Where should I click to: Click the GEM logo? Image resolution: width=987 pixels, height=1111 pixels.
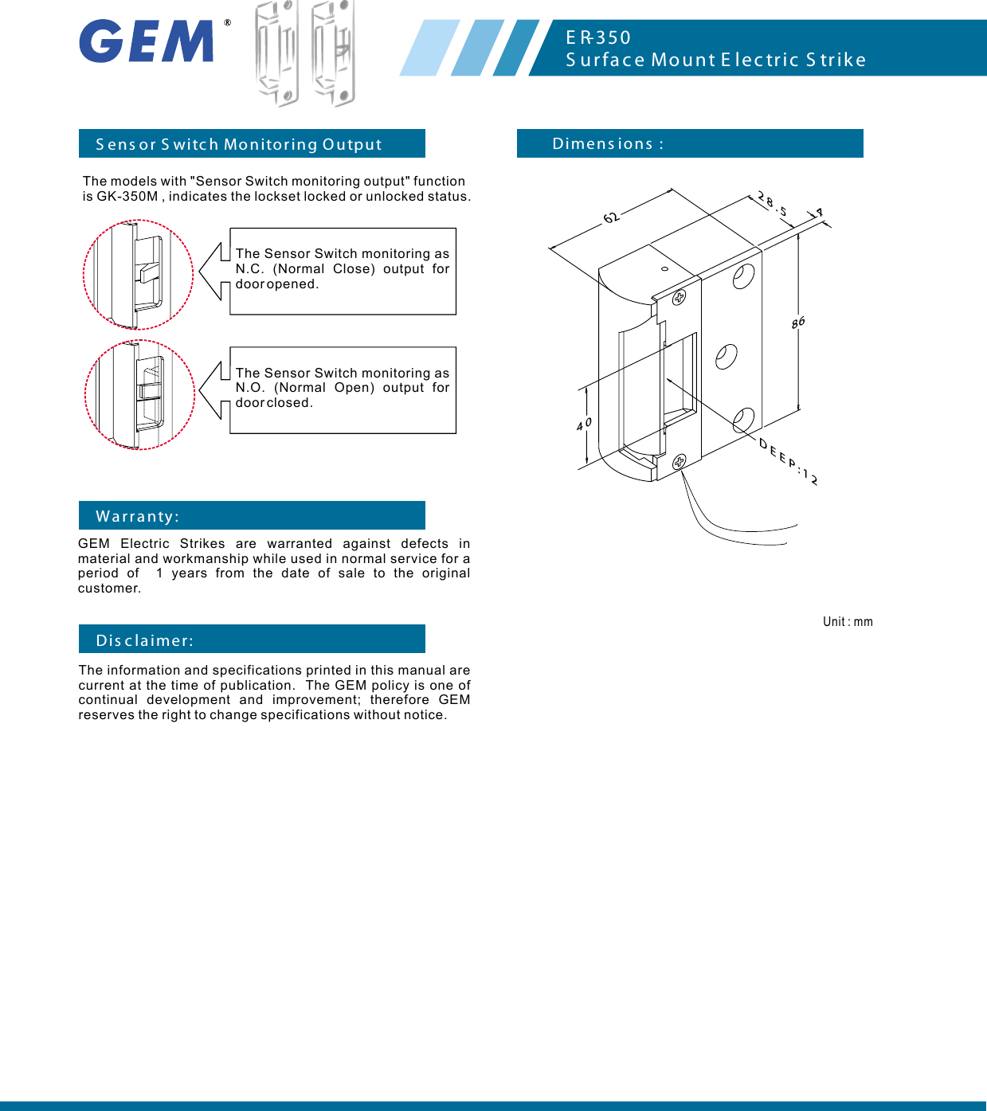pos(147,41)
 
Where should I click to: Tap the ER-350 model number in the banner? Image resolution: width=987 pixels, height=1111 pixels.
pos(598,37)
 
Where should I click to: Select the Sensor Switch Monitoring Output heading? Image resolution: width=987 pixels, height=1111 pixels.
pos(239,144)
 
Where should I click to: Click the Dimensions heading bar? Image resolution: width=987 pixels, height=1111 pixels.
pos(689,143)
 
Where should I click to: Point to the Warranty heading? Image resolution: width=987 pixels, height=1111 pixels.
pos(138,516)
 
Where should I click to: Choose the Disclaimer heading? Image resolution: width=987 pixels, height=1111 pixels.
pos(145,640)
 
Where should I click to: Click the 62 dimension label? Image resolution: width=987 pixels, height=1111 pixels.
pos(611,217)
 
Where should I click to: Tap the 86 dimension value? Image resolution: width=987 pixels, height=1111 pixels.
pos(798,322)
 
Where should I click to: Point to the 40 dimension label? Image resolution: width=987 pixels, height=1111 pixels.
pos(584,424)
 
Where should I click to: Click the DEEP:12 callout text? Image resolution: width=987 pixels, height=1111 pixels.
pos(788,462)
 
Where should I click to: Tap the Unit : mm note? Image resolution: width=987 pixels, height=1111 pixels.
pos(848,622)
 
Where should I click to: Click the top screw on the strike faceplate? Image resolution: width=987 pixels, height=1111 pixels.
pos(679,298)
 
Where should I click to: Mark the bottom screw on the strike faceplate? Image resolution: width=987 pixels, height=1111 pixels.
pos(680,462)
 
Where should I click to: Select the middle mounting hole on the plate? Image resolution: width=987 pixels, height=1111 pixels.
pos(726,356)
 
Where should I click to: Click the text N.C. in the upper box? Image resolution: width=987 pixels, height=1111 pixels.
pos(249,269)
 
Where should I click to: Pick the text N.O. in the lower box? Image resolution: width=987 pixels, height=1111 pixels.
pos(249,388)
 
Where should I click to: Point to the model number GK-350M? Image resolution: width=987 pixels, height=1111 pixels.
pos(127,197)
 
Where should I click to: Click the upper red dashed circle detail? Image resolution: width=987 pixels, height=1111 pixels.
pos(138,275)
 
